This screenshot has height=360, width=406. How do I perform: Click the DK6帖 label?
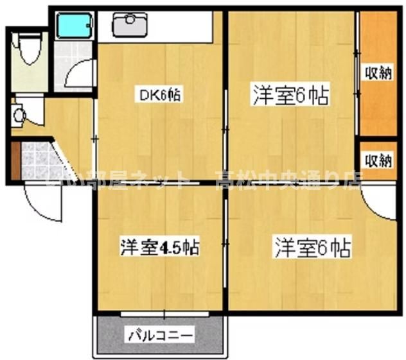[160, 95]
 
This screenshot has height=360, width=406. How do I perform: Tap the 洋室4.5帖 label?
[160, 247]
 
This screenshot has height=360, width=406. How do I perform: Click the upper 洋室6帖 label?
[291, 96]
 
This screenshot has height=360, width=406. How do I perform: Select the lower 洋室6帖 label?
[313, 246]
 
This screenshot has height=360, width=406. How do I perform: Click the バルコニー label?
[160, 335]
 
